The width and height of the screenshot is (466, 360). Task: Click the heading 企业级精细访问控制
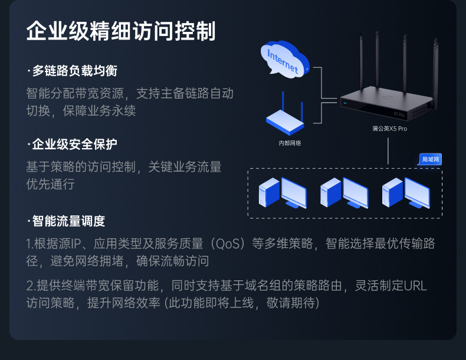pos(121,31)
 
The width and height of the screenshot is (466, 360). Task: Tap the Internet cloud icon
pos(284,60)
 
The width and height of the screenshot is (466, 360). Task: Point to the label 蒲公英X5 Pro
pos(390,128)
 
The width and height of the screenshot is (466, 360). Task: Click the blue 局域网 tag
pos(431,159)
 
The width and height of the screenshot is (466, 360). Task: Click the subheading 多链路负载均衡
pos(74,71)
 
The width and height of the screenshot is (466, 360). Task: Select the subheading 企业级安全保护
pos(74,144)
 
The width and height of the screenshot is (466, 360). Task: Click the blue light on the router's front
pos(344,103)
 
